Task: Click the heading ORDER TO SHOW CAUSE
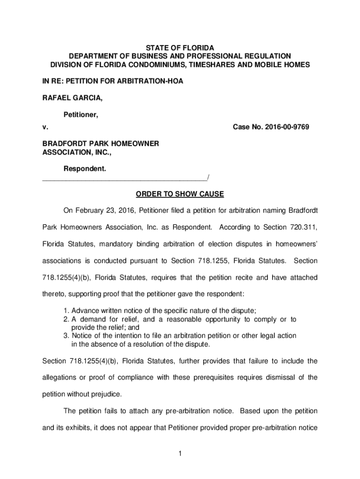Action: (180, 193)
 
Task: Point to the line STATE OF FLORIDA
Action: (180, 48)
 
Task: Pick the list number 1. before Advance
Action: (66, 311)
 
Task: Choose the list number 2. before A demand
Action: (66, 319)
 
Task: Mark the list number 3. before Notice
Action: (66, 336)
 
